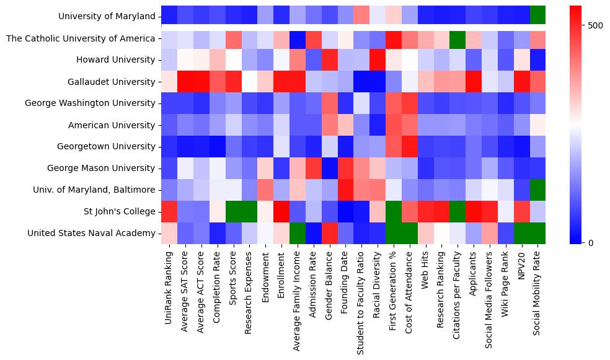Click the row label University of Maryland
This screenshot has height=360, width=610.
point(107,16)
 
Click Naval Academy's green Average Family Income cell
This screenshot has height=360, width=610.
point(298,233)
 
